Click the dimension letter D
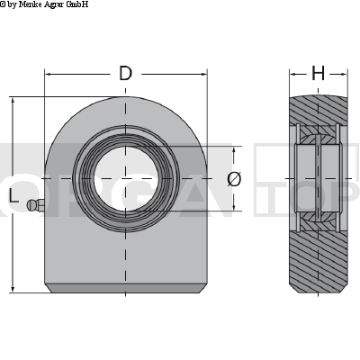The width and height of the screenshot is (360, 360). pyautogui.click(x=125, y=74)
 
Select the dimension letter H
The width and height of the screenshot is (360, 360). pyautogui.click(x=318, y=74)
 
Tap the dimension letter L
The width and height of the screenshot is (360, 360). pyautogui.click(x=13, y=195)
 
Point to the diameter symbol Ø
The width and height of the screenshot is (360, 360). pyautogui.click(x=234, y=179)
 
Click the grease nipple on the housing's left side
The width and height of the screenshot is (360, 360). pyautogui.click(x=36, y=206)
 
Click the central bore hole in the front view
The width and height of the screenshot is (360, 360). pyautogui.click(x=125, y=179)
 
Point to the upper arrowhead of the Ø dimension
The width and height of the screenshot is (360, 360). pyautogui.click(x=234, y=149)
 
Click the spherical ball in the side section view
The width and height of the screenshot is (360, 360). pyautogui.click(x=318, y=179)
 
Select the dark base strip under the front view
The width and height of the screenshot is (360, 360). pyautogui.click(x=125, y=288)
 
